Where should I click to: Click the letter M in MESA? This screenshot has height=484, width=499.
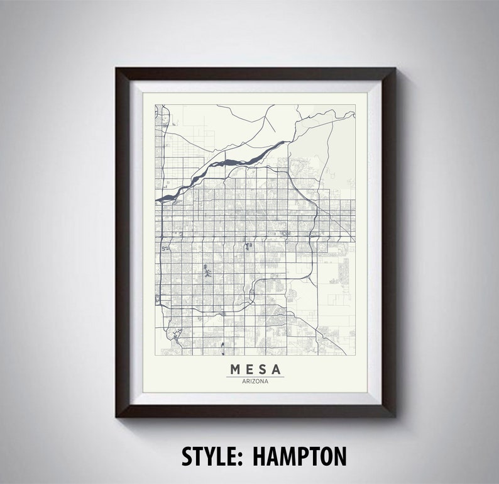pyautogui.click(x=235, y=368)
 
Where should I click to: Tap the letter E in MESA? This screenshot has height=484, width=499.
pyautogui.click(x=249, y=368)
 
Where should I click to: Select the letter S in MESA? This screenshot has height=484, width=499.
pyautogui.click(x=262, y=368)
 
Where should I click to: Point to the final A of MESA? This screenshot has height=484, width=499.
pyautogui.click(x=276, y=368)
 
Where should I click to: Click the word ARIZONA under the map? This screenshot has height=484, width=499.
pyautogui.click(x=255, y=381)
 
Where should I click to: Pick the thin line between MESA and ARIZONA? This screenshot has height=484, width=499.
pyautogui.click(x=255, y=376)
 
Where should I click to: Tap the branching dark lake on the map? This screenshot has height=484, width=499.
pyautogui.click(x=207, y=274)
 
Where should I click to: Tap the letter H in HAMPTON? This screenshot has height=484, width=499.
pyautogui.click(x=260, y=455)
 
